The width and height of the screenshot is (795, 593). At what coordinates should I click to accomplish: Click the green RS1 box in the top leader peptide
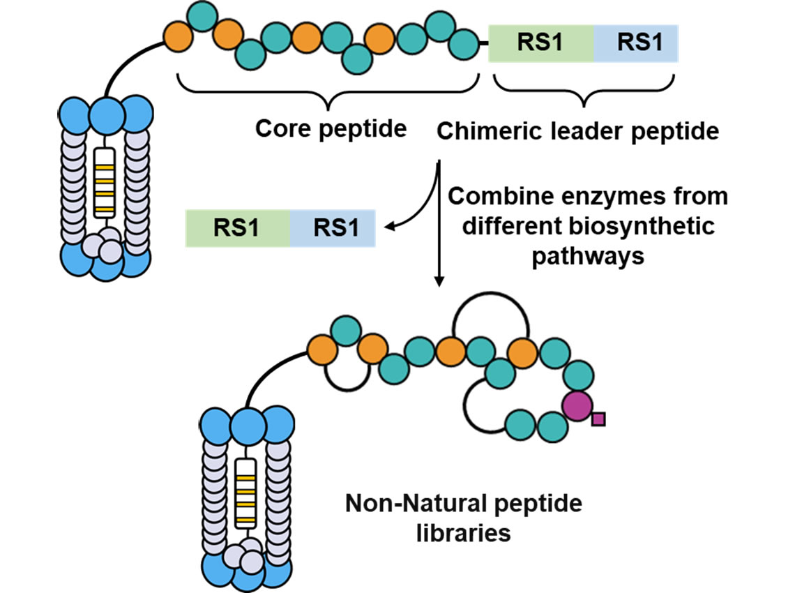point(541,43)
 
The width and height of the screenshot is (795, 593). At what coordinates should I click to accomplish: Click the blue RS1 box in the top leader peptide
point(635,43)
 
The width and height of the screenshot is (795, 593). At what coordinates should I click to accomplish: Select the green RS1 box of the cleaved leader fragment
point(238,229)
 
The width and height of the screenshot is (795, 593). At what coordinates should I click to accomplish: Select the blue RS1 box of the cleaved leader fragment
point(333,229)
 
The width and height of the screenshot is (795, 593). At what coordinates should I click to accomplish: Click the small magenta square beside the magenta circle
point(598,419)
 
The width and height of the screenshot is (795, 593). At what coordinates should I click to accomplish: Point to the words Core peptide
point(331,128)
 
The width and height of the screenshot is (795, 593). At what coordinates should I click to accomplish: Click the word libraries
point(464,534)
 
